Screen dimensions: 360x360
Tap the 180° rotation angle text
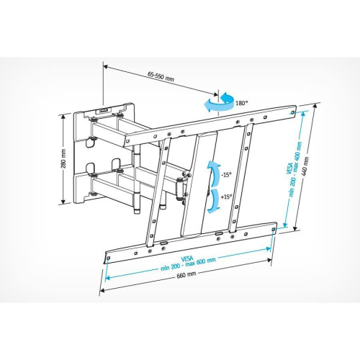242,103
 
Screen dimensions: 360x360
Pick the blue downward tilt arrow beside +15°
215,199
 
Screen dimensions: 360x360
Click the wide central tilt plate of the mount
196,184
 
